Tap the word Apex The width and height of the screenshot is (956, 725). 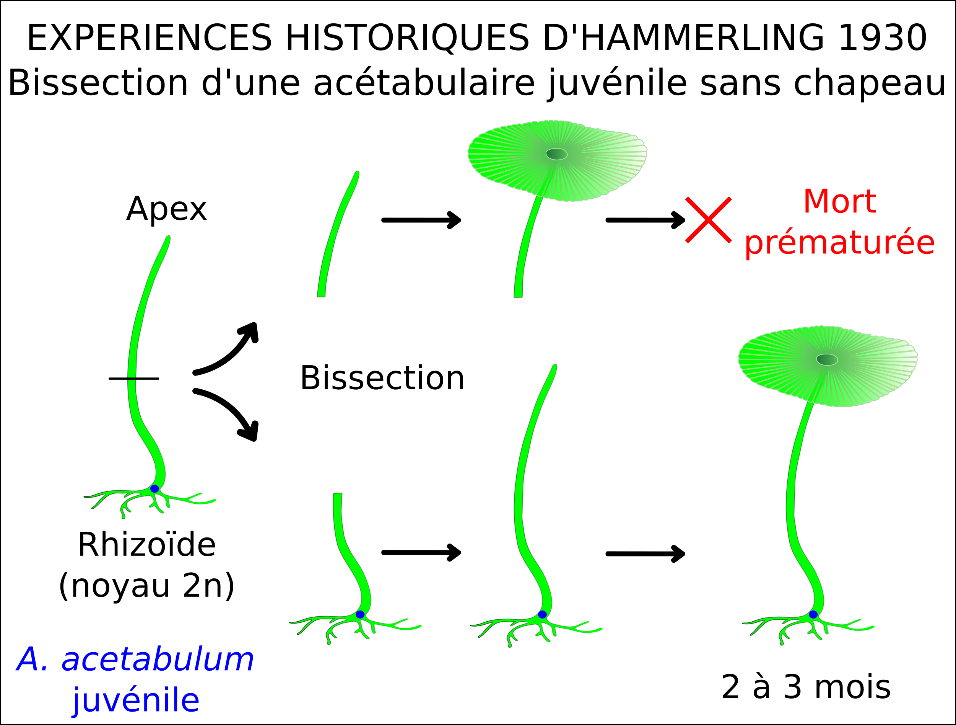[166, 209]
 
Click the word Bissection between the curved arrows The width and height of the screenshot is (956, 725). [382, 378]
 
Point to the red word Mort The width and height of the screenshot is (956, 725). [840, 202]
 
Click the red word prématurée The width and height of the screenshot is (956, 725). [839, 243]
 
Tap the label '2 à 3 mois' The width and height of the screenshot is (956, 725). [806, 687]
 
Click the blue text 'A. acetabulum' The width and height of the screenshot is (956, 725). [135, 660]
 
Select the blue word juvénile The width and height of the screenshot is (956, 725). [136, 701]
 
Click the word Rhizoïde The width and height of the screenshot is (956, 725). [146, 545]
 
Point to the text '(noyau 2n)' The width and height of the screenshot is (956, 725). [146, 586]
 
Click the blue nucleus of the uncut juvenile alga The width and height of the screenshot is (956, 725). [154, 489]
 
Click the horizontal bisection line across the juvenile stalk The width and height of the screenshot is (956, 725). [133, 379]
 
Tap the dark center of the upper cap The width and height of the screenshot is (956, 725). [557, 154]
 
